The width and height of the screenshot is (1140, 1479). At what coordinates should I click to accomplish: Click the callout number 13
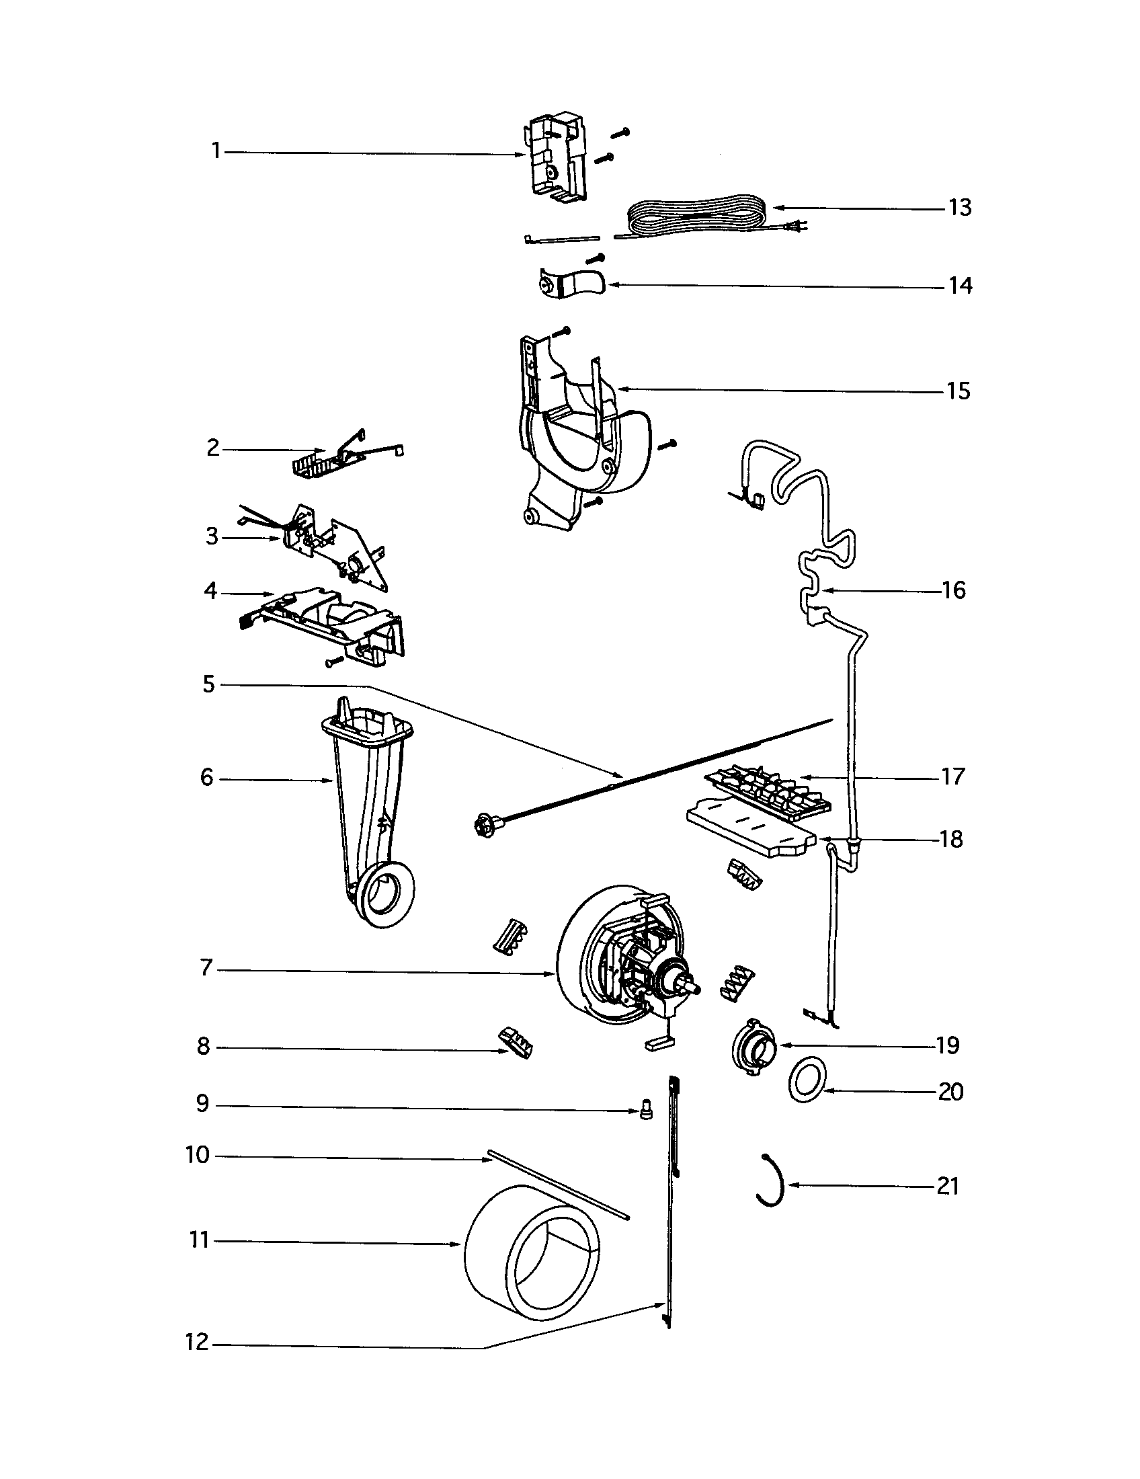coord(960,208)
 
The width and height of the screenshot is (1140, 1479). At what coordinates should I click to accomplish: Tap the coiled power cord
coord(697,215)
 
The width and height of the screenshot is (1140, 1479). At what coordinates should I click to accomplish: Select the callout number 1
coord(216,151)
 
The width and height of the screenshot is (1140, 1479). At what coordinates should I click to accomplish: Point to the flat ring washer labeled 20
coord(806,1081)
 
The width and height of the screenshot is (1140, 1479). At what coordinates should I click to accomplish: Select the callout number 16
coord(953,590)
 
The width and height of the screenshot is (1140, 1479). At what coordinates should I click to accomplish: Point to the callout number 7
coord(206,968)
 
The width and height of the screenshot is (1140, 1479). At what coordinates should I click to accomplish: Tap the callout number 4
coord(210,591)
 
